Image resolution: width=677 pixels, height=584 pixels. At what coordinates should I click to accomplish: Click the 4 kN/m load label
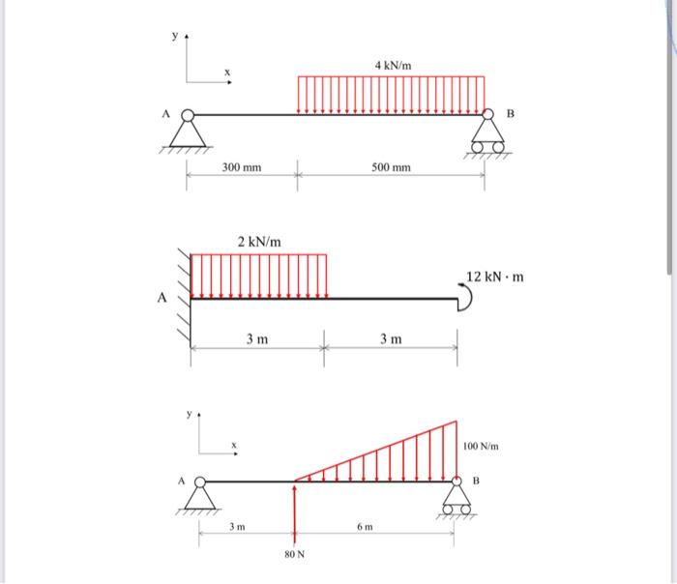(393, 66)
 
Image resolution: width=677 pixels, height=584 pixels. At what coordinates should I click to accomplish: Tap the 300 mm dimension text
(242, 167)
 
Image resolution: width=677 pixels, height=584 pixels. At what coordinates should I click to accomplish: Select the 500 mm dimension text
(391, 167)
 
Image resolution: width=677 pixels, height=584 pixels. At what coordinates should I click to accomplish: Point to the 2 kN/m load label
(259, 242)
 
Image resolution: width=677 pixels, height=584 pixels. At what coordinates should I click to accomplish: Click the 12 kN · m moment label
(495, 277)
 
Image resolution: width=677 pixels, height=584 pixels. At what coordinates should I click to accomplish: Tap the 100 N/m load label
(481, 446)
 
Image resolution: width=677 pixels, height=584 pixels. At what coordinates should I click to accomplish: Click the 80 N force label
(294, 554)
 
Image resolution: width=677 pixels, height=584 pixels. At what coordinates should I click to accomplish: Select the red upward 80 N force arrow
(295, 514)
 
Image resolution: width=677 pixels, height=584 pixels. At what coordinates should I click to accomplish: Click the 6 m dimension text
(365, 527)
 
